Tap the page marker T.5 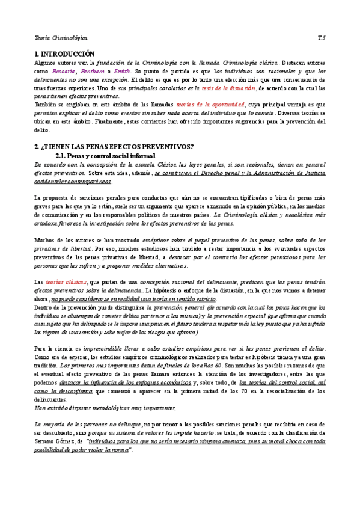click(x=322, y=37)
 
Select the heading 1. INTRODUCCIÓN click(x=66, y=54)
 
